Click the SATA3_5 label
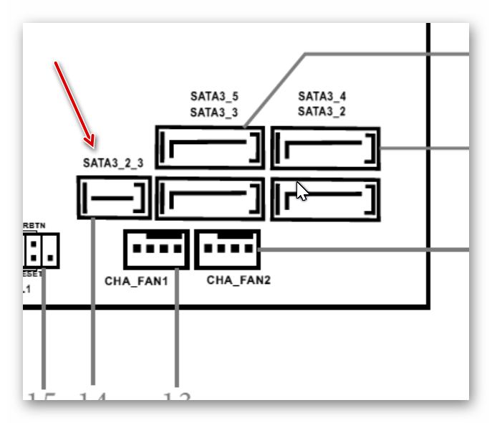click(214, 95)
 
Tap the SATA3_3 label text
click(214, 112)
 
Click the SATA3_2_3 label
click(113, 163)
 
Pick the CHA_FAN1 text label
click(136, 280)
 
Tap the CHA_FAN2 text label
click(238, 280)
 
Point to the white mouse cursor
click(302, 191)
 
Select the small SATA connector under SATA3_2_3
click(114, 197)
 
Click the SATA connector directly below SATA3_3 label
click(210, 148)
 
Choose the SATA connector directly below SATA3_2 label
click(325, 148)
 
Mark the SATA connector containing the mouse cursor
click(325, 199)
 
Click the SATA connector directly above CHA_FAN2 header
click(210, 199)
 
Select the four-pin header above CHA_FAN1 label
click(156, 249)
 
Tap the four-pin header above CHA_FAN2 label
click(227, 249)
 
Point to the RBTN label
click(34, 226)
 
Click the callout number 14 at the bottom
click(92, 396)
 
